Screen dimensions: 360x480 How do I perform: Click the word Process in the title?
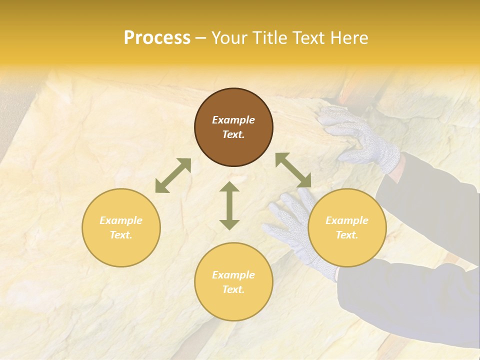pyautogui.click(x=157, y=38)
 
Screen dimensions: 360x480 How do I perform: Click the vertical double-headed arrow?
pyautogui.click(x=229, y=205)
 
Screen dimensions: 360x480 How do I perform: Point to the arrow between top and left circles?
pyautogui.click(x=173, y=175)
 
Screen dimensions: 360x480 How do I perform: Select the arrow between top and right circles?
pyautogui.click(x=293, y=170)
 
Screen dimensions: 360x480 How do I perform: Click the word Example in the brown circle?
pyautogui.click(x=233, y=120)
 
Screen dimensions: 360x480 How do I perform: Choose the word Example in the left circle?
pyautogui.click(x=121, y=220)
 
